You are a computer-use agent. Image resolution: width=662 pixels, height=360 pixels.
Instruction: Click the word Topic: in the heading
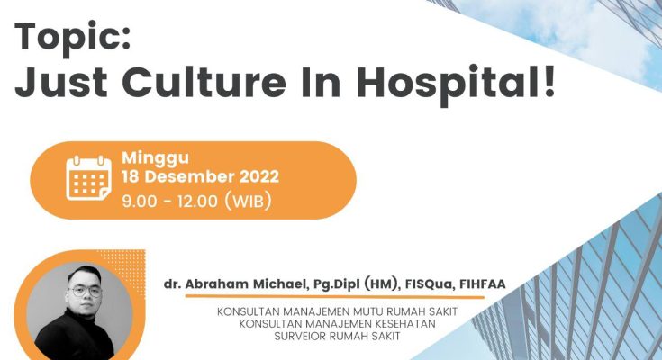click(x=73, y=38)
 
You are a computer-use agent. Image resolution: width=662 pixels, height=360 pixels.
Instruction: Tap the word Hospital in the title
click(x=449, y=85)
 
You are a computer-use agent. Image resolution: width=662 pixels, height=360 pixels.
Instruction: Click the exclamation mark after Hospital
click(x=549, y=82)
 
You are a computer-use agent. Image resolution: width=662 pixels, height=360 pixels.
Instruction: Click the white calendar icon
click(x=88, y=178)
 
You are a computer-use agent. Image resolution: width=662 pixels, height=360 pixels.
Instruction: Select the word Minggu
click(x=155, y=158)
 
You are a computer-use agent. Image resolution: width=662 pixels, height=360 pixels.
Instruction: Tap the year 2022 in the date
click(x=259, y=176)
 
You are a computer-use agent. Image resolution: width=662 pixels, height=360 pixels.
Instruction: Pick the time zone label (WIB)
click(x=248, y=202)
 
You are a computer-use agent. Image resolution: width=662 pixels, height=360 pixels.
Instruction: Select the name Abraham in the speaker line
click(x=216, y=284)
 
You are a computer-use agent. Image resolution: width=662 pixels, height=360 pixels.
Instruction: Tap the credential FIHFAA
click(x=482, y=284)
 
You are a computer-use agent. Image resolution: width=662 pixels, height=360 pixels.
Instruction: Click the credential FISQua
click(x=429, y=284)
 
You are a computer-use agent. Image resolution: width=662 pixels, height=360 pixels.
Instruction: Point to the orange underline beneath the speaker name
click(x=334, y=297)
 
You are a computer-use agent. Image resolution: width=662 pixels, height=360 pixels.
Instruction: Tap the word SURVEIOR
click(x=300, y=337)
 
